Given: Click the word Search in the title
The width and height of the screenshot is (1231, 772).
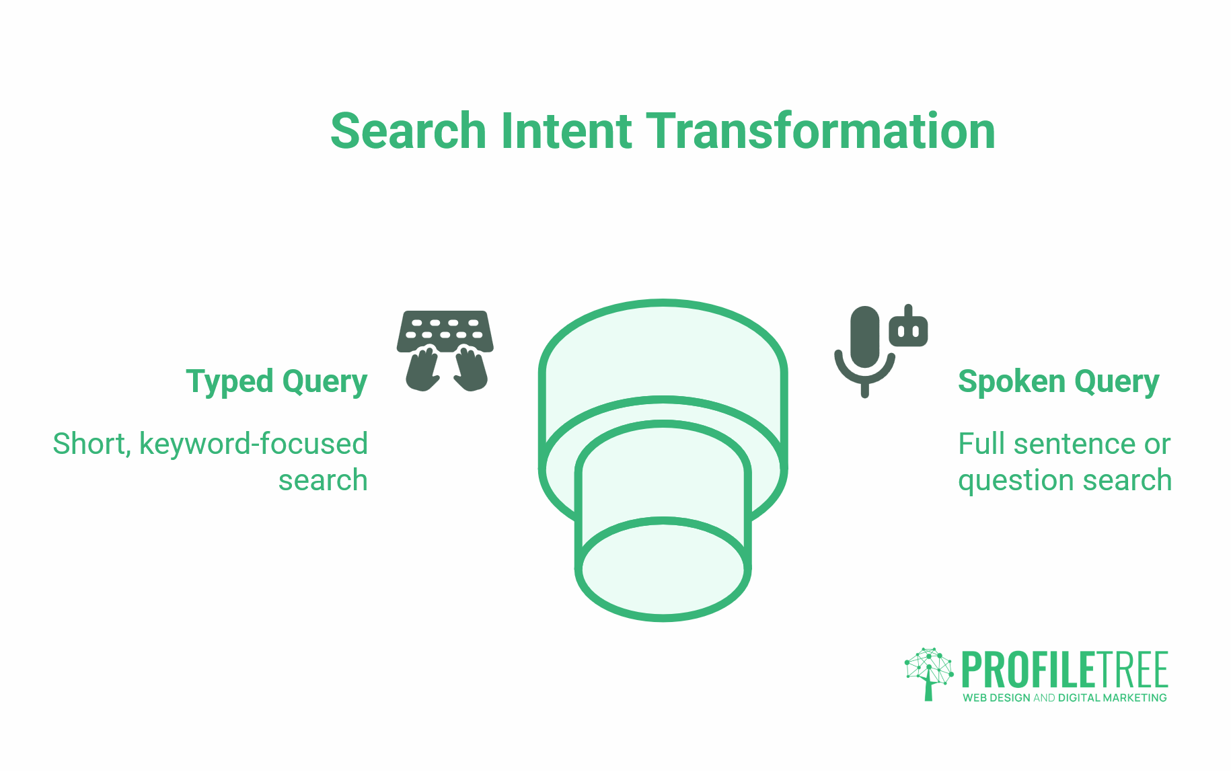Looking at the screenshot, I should (x=408, y=131).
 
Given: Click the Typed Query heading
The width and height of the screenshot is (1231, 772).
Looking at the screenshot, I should (x=276, y=381).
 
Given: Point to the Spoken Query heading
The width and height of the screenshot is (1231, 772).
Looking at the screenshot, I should (x=1058, y=381).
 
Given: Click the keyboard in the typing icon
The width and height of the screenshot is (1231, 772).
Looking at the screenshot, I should (x=445, y=330).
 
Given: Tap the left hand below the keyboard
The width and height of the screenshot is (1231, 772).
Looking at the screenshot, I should (x=422, y=370).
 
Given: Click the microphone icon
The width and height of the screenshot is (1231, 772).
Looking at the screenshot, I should (x=864, y=350).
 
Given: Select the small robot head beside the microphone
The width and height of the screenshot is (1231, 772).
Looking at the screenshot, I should (x=908, y=328).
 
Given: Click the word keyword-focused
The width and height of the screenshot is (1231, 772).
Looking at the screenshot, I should (x=253, y=444).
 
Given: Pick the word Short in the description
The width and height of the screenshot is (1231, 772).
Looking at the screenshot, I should (x=91, y=444).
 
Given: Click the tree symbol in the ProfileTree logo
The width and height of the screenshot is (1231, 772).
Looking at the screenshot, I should (x=928, y=672).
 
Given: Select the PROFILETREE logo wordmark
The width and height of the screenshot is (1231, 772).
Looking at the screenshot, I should (x=1064, y=670).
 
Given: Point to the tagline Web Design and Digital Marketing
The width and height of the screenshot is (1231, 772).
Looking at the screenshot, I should (x=1064, y=698).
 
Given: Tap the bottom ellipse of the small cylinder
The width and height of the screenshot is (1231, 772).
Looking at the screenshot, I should (x=663, y=569).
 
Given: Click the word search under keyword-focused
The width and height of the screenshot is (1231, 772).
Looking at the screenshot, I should (x=323, y=481).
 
